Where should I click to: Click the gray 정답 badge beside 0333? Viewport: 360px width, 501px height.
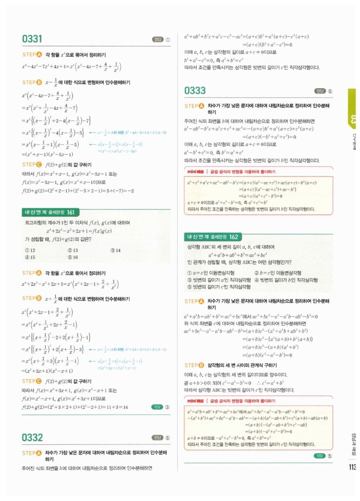(x=323, y=91)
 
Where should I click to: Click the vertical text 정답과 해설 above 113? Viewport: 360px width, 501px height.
(x=353, y=442)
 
